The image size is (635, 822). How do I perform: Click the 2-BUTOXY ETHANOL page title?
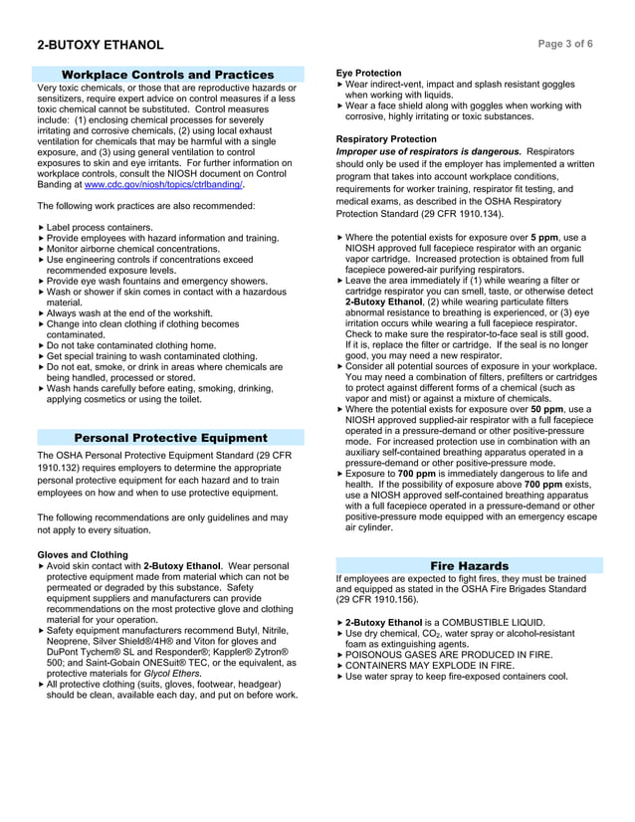click(101, 45)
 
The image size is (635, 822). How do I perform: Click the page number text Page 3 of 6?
click(565, 45)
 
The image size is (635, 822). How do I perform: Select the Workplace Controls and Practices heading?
click(167, 75)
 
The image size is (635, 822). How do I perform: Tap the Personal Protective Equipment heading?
click(170, 438)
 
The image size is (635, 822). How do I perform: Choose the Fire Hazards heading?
click(469, 565)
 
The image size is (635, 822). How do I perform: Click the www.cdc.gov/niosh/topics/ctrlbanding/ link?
click(163, 185)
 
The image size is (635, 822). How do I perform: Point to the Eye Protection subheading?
click(369, 74)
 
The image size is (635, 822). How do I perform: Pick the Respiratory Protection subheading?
click(386, 139)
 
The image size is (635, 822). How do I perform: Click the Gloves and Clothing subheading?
click(83, 554)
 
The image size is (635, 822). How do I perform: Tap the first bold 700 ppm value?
click(419, 474)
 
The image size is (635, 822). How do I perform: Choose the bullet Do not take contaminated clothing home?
click(131, 345)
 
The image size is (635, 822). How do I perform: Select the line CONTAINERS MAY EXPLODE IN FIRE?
click(430, 665)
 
